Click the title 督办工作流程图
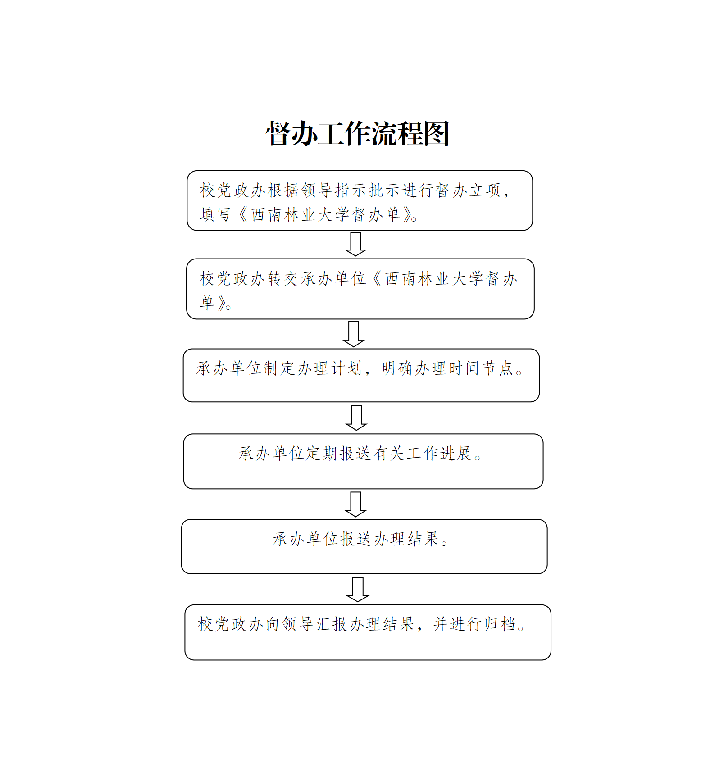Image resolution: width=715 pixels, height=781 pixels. [357, 134]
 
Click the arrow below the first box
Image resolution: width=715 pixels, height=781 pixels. [355, 244]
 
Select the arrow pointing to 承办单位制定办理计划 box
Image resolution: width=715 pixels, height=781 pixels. [354, 334]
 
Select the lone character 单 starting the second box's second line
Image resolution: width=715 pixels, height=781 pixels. [208, 303]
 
